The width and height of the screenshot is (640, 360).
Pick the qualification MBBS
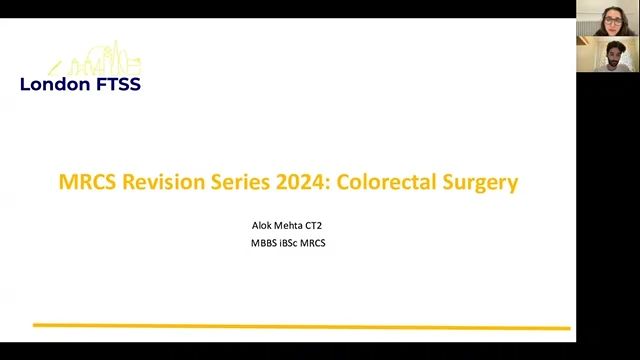coord(264,243)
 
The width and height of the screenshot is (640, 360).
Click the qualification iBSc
coord(292,243)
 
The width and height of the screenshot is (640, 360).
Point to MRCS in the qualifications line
coord(316,243)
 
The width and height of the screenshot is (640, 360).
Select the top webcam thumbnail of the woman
coord(608,19)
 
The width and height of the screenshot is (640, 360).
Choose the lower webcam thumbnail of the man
coord(608,55)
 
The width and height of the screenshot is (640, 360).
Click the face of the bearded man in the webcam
coord(607,54)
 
